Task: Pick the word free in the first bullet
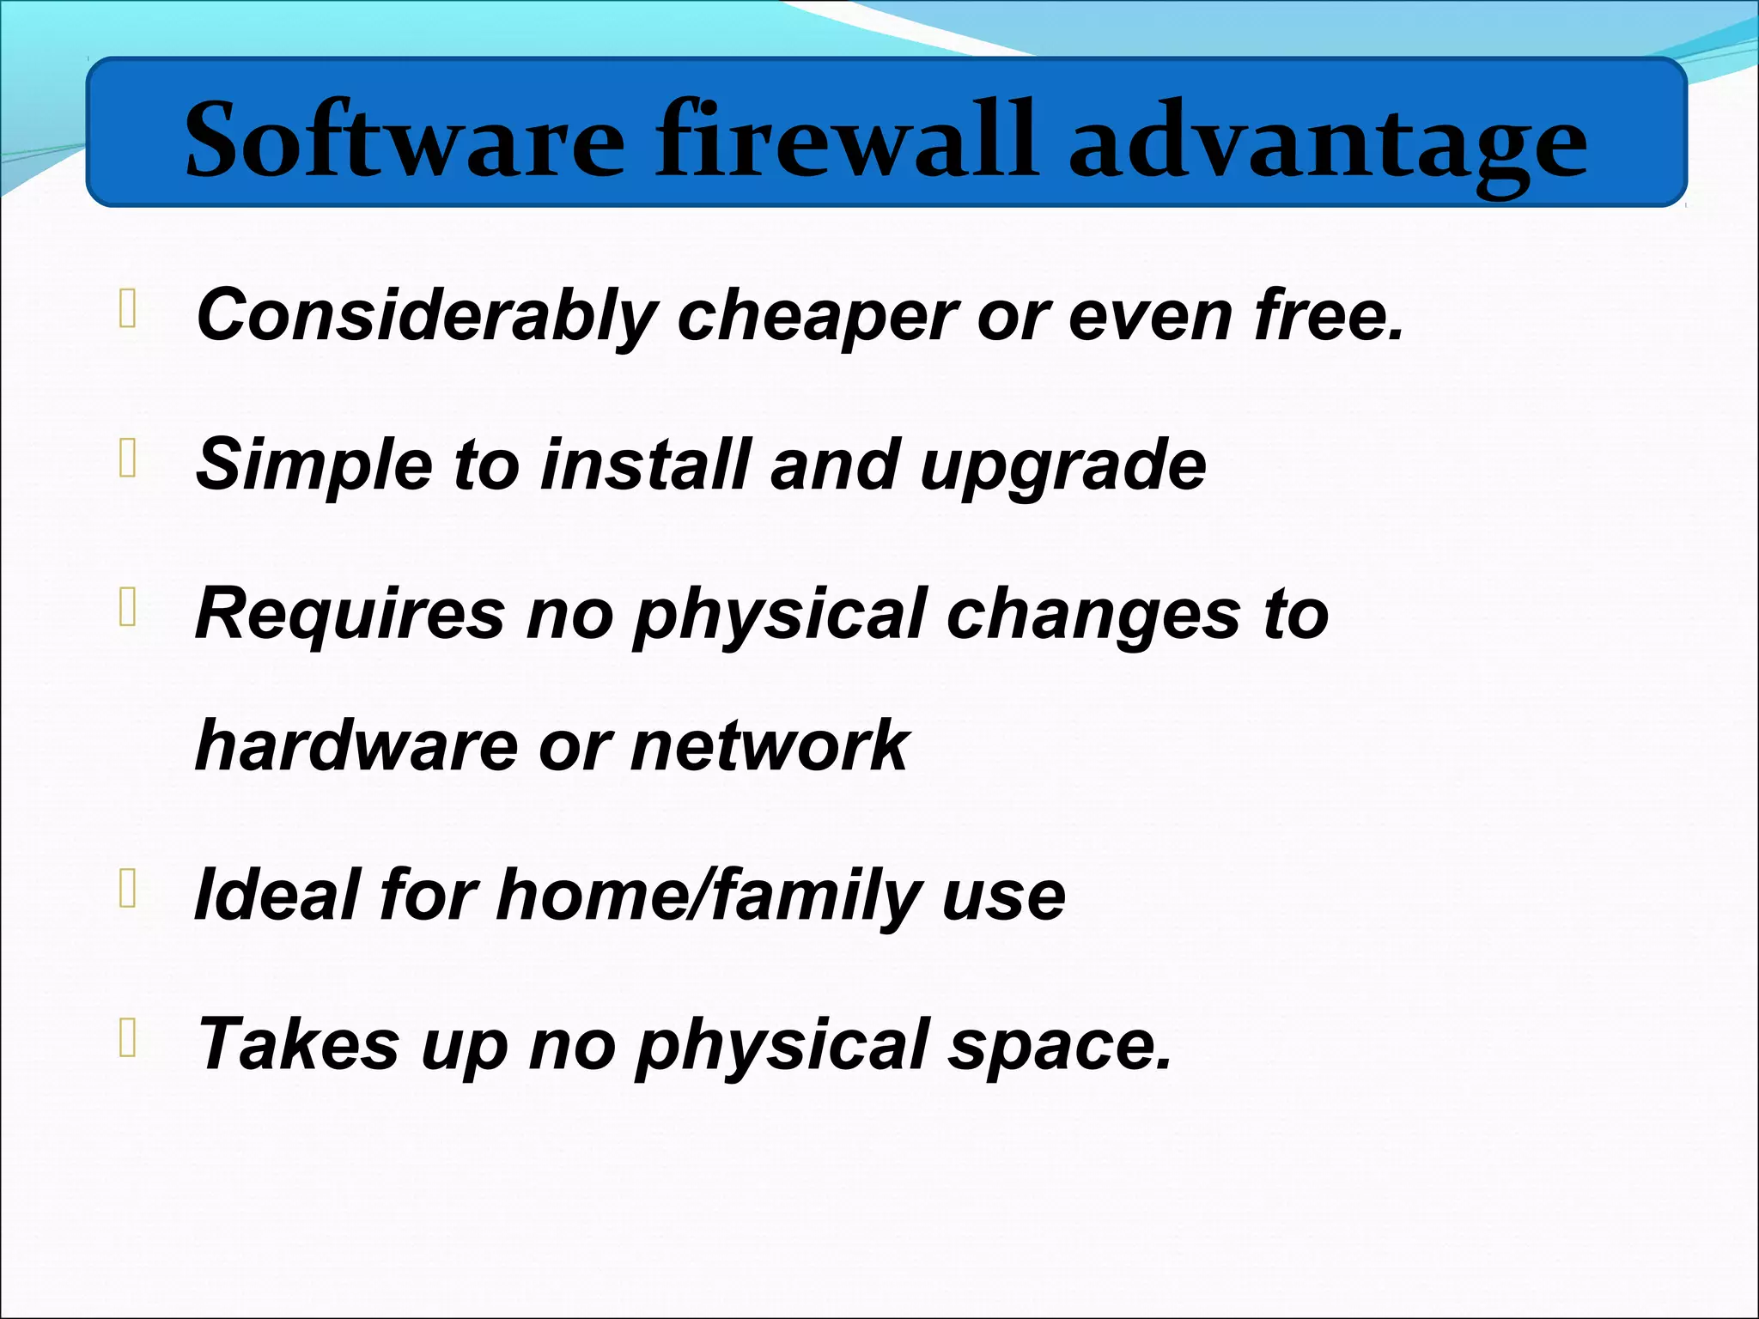coord(1327,315)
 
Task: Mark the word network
coord(769,745)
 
